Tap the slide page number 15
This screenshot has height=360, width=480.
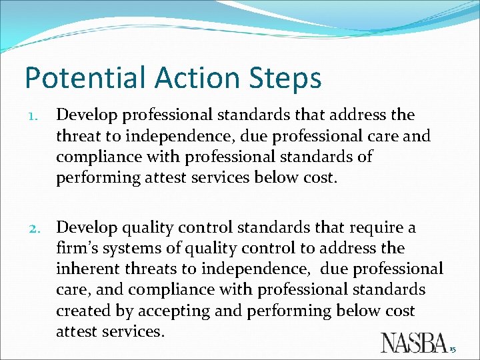(x=453, y=349)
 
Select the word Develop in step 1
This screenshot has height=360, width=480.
(x=85, y=115)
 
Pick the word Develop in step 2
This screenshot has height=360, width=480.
(x=85, y=228)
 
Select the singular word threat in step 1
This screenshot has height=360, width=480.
(x=77, y=136)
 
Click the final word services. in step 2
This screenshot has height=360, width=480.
(x=135, y=331)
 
